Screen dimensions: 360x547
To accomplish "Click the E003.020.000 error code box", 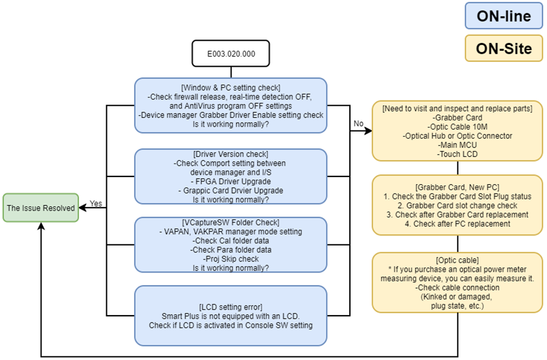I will click(x=231, y=53).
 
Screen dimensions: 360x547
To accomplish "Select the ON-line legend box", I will click(x=503, y=17).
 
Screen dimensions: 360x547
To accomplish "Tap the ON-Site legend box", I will click(x=503, y=48).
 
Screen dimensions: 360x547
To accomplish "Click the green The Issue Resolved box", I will click(x=41, y=208).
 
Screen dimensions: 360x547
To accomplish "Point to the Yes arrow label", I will click(x=96, y=204).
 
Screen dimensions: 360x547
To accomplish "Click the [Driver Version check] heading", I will click(x=231, y=155).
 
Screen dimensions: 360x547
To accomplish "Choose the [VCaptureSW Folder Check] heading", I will click(x=231, y=223).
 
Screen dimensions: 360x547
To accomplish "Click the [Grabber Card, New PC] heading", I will click(x=457, y=187).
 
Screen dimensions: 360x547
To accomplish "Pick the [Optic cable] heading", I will click(x=457, y=260).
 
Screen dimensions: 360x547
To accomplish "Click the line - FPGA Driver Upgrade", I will click(x=231, y=181).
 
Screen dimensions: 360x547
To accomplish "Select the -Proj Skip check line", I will click(x=231, y=258).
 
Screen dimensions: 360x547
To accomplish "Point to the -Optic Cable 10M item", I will click(x=457, y=127).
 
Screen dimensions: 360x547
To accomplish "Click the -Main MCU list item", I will click(x=457, y=145).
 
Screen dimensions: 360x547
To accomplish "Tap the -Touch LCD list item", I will click(x=457, y=153).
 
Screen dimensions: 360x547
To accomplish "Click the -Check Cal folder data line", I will click(x=231, y=241).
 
